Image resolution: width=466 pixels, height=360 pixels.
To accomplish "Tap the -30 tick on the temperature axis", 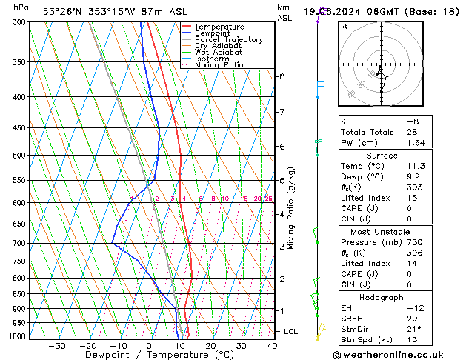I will click(x=57, y=346).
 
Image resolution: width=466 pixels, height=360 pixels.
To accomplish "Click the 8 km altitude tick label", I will click(x=282, y=76).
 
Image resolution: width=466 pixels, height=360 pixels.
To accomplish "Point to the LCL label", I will click(x=290, y=331).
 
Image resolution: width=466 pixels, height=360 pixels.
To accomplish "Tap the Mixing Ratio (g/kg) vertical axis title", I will click(x=291, y=208).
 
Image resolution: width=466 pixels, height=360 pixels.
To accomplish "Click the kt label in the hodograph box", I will click(x=344, y=27).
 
